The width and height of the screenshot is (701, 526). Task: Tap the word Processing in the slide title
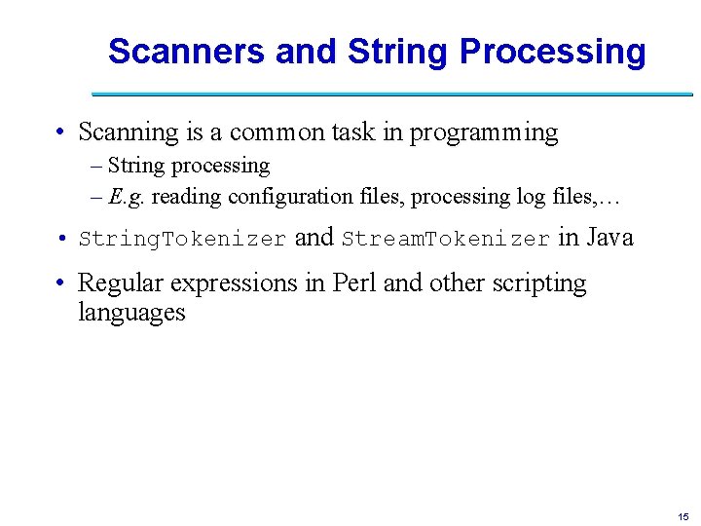tap(552, 52)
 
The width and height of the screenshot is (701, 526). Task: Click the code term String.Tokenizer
tap(182, 239)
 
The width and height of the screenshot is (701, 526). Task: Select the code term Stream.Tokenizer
tap(446, 239)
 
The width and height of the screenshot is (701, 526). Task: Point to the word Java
tap(609, 237)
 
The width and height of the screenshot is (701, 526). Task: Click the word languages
tap(131, 313)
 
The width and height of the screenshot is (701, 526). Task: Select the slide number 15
tap(683, 516)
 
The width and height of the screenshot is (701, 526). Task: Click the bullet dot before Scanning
tap(60, 133)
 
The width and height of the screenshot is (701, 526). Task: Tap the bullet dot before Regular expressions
tap(60, 284)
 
